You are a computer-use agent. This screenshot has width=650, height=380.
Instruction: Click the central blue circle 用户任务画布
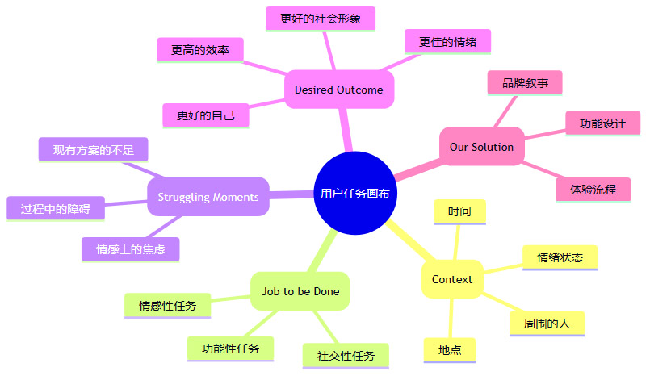pyautogui.click(x=355, y=193)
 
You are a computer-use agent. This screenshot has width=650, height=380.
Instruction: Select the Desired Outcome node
pyautogui.click(x=339, y=90)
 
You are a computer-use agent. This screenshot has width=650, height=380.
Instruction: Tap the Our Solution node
pyautogui.click(x=481, y=147)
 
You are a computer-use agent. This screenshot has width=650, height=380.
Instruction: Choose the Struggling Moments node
pyautogui.click(x=208, y=197)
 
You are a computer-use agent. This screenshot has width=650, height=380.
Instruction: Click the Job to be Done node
pyautogui.click(x=300, y=291)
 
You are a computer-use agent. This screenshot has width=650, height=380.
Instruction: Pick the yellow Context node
pyautogui.click(x=452, y=279)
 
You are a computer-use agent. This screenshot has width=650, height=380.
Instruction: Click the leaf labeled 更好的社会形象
pyautogui.click(x=321, y=19)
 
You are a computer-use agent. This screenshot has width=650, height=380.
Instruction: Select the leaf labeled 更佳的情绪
pyautogui.click(x=447, y=40)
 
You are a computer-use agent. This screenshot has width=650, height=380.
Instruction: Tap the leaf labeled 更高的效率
pyautogui.click(x=199, y=50)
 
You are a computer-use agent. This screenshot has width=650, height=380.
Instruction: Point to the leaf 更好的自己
pyautogui.click(x=206, y=115)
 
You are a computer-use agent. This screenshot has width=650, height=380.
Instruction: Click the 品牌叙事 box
pyautogui.click(x=526, y=82)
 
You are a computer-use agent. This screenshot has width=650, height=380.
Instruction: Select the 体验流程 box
pyautogui.click(x=593, y=190)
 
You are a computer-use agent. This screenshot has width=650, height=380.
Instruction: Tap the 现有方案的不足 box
pyautogui.click(x=94, y=149)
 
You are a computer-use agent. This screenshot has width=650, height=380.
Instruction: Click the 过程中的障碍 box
pyautogui.click(x=56, y=209)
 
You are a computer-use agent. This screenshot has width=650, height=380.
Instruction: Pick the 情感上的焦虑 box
pyautogui.click(x=131, y=249)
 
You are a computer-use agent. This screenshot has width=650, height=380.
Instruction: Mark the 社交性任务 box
pyautogui.click(x=346, y=355)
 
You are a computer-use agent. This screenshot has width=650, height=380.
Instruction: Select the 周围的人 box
pyautogui.click(x=547, y=324)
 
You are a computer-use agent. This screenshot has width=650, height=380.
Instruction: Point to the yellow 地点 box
pyautogui.click(x=450, y=350)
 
